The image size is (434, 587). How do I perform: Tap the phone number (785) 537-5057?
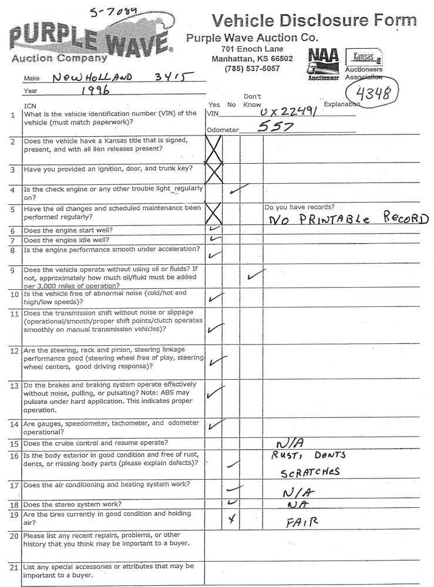click(252, 69)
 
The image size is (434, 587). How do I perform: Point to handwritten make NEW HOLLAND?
click(92, 76)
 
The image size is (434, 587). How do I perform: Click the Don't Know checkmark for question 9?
click(255, 275)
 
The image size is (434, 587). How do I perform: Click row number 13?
click(13, 386)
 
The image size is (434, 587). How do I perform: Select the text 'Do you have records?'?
click(300, 207)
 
